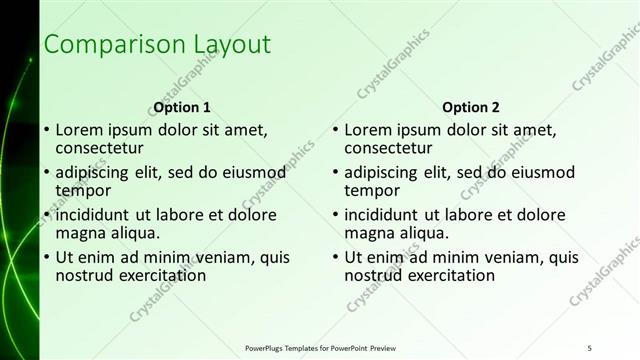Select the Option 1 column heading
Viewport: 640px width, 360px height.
click(x=182, y=107)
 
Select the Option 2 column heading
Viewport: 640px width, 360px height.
click(x=470, y=107)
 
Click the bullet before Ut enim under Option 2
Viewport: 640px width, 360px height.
click(x=335, y=258)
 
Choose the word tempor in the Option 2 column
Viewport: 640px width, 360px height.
click(x=372, y=190)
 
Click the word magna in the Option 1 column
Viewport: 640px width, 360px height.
click(x=80, y=233)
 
